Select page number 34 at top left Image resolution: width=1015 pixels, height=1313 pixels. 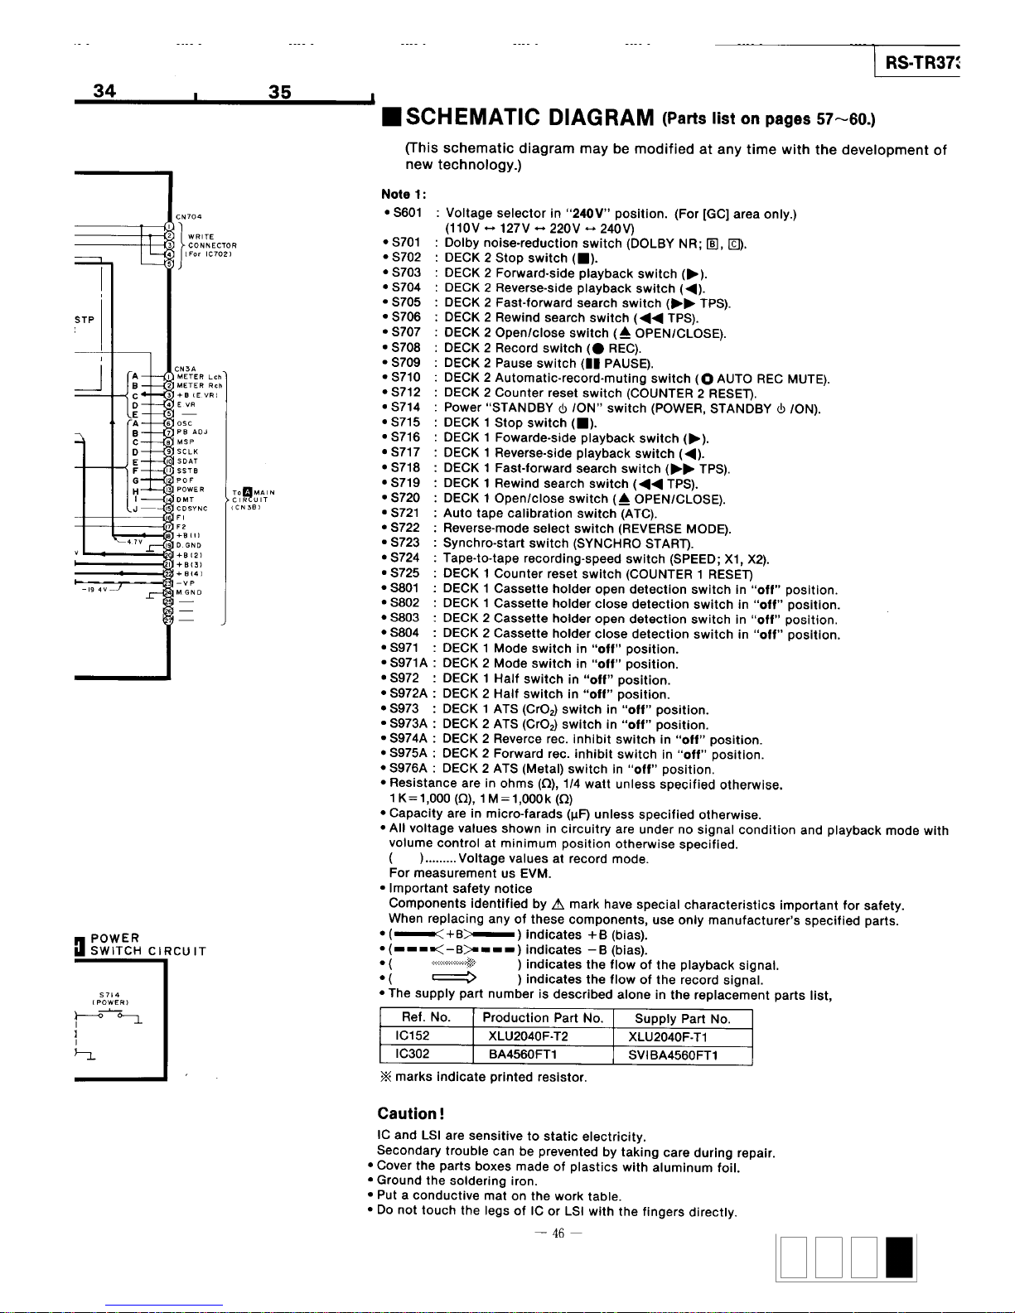(104, 91)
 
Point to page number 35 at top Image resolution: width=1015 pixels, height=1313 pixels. (280, 92)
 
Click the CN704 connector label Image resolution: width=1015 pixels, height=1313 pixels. (189, 217)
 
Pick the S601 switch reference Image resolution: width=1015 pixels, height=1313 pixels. (405, 213)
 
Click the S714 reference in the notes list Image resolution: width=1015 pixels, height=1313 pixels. (405, 408)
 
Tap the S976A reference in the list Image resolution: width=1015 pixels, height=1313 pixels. (408, 769)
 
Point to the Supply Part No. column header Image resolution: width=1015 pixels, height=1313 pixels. (683, 1019)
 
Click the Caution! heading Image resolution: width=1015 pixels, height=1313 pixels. (412, 1113)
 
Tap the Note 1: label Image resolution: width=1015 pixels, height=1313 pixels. (404, 194)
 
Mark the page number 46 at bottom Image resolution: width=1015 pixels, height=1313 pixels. (558, 1234)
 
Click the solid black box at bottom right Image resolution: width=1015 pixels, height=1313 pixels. (899, 1257)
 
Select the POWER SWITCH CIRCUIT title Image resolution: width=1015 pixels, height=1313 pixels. (141, 944)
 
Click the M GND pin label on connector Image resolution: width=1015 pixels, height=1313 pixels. (191, 592)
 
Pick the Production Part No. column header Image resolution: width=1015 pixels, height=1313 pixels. (543, 1019)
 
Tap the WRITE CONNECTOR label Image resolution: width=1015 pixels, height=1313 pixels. (211, 245)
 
